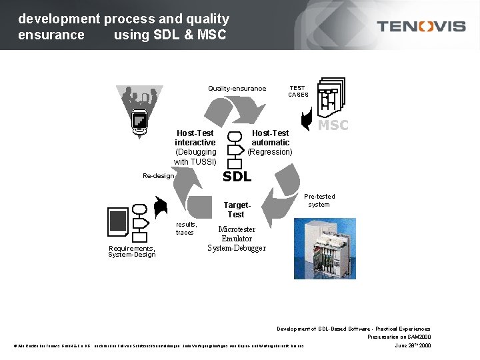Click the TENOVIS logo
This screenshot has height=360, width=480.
421,26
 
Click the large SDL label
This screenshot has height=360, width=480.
237,177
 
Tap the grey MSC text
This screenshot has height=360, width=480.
333,125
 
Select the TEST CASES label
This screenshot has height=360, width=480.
298,91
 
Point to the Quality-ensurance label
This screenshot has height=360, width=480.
237,89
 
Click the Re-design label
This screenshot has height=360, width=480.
159,176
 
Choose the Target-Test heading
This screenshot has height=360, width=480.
236,210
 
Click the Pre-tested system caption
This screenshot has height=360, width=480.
319,201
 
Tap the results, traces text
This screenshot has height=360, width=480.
186,229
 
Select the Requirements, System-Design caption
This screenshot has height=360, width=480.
132,251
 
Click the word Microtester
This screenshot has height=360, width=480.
237,229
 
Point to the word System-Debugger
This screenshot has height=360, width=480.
237,248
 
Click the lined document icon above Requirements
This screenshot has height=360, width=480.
118,221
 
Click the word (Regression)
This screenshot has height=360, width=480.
270,152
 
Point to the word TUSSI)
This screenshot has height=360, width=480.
203,162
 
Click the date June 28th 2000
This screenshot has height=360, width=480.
413,345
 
